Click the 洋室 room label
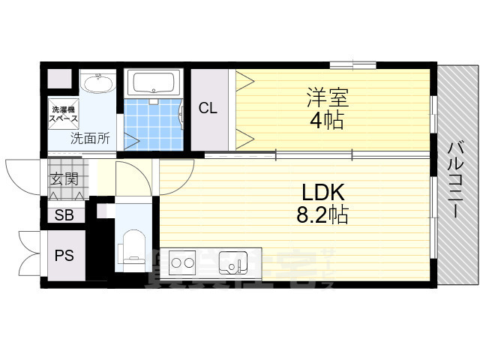click(x=326, y=97)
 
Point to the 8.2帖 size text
click(x=322, y=216)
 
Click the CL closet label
click(x=208, y=109)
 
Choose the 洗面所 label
click(x=90, y=138)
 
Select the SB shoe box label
click(x=64, y=216)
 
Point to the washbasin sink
click(x=96, y=83)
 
